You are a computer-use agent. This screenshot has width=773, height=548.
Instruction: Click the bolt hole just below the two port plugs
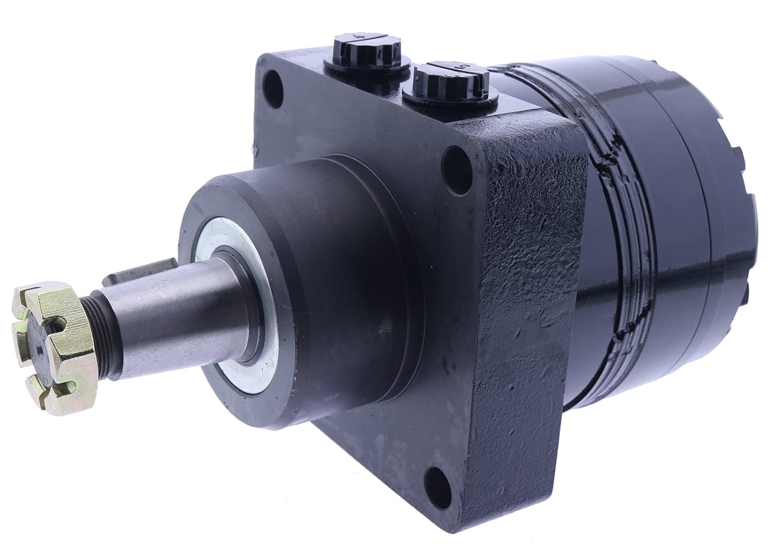click(453, 157)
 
